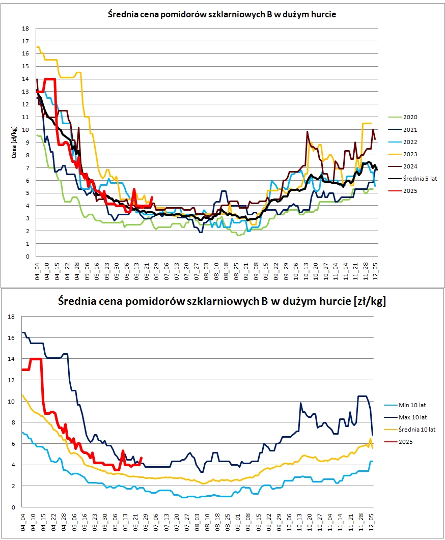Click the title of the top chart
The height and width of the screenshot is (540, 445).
point(222,15)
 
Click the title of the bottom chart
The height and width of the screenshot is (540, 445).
point(222,301)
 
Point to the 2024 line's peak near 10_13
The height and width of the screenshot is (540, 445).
point(308,132)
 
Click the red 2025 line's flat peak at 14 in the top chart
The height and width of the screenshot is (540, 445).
point(50,79)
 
